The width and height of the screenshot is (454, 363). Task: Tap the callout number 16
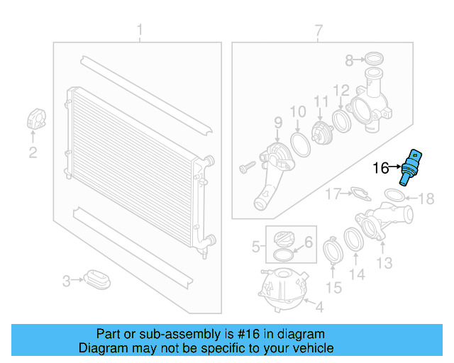(x=381, y=168)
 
